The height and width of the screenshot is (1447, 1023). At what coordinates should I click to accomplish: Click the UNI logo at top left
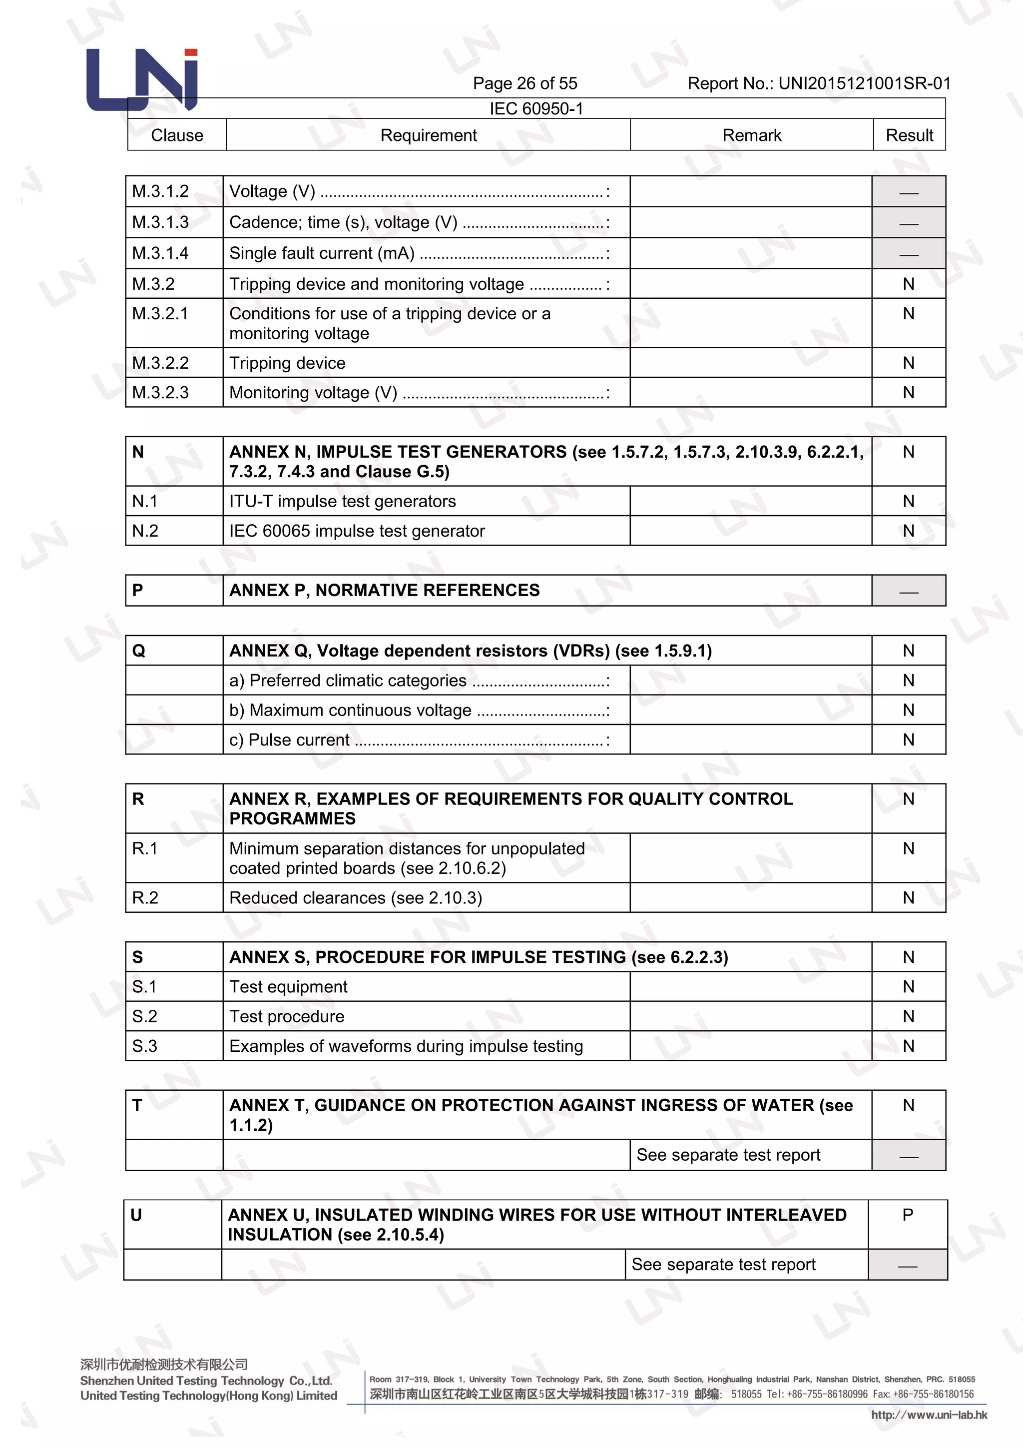(x=142, y=80)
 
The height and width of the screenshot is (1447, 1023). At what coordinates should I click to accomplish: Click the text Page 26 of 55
(x=524, y=83)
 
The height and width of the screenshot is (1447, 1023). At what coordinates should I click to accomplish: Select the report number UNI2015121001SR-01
(x=864, y=83)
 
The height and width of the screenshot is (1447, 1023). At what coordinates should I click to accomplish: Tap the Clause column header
(x=177, y=135)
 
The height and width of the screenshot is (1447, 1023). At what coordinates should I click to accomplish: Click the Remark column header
(x=751, y=135)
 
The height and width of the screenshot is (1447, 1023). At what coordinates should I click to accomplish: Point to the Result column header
(x=909, y=135)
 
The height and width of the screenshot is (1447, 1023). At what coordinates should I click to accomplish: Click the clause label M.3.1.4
(x=160, y=253)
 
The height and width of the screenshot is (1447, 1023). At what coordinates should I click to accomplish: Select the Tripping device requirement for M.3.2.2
(x=287, y=363)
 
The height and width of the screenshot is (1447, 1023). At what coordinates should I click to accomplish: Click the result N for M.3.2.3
(x=908, y=393)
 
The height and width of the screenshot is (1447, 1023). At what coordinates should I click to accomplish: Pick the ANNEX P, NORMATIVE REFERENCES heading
(x=384, y=591)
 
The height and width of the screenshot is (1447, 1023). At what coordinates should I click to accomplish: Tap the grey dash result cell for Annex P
(x=908, y=591)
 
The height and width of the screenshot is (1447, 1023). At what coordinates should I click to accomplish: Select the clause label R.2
(x=145, y=897)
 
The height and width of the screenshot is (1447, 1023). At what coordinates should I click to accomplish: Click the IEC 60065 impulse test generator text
(x=357, y=531)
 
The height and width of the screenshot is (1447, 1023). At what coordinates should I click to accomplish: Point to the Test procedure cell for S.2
(x=287, y=1017)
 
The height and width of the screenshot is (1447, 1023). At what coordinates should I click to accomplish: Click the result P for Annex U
(x=907, y=1215)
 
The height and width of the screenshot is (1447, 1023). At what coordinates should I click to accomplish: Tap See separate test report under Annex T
(x=728, y=1155)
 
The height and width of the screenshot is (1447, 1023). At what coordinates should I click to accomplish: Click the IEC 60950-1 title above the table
(x=536, y=109)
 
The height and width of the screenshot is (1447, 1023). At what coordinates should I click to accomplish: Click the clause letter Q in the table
(x=138, y=651)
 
